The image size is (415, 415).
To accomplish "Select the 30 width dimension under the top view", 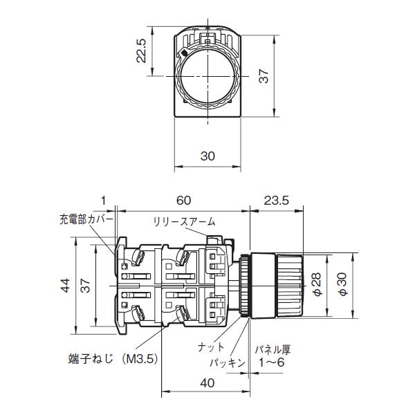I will click(x=207, y=156).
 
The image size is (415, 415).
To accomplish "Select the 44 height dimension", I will click(x=64, y=285).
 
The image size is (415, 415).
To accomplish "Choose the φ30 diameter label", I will click(x=341, y=283).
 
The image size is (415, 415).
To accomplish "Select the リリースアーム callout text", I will click(x=185, y=221).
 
